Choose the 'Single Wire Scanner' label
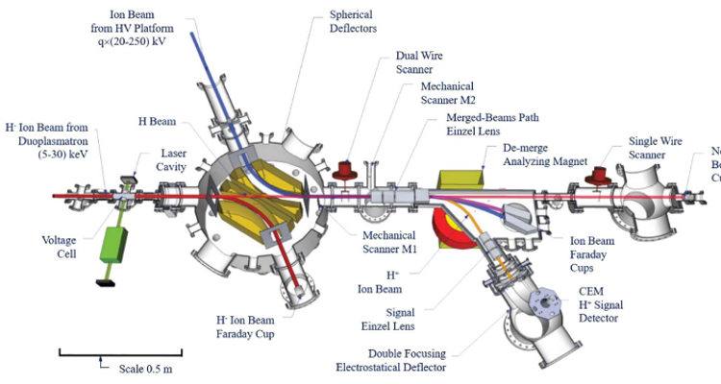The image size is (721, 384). pyautogui.click(x=656, y=147)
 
